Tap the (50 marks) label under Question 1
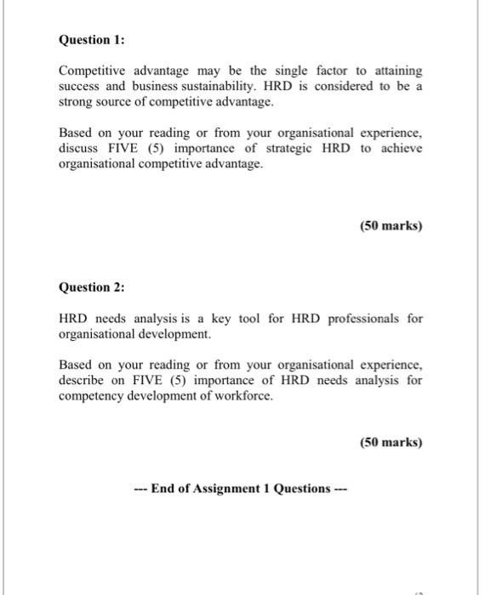point(391,226)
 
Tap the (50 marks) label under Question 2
point(391,442)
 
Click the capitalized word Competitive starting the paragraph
point(92,71)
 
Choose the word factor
point(322,71)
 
